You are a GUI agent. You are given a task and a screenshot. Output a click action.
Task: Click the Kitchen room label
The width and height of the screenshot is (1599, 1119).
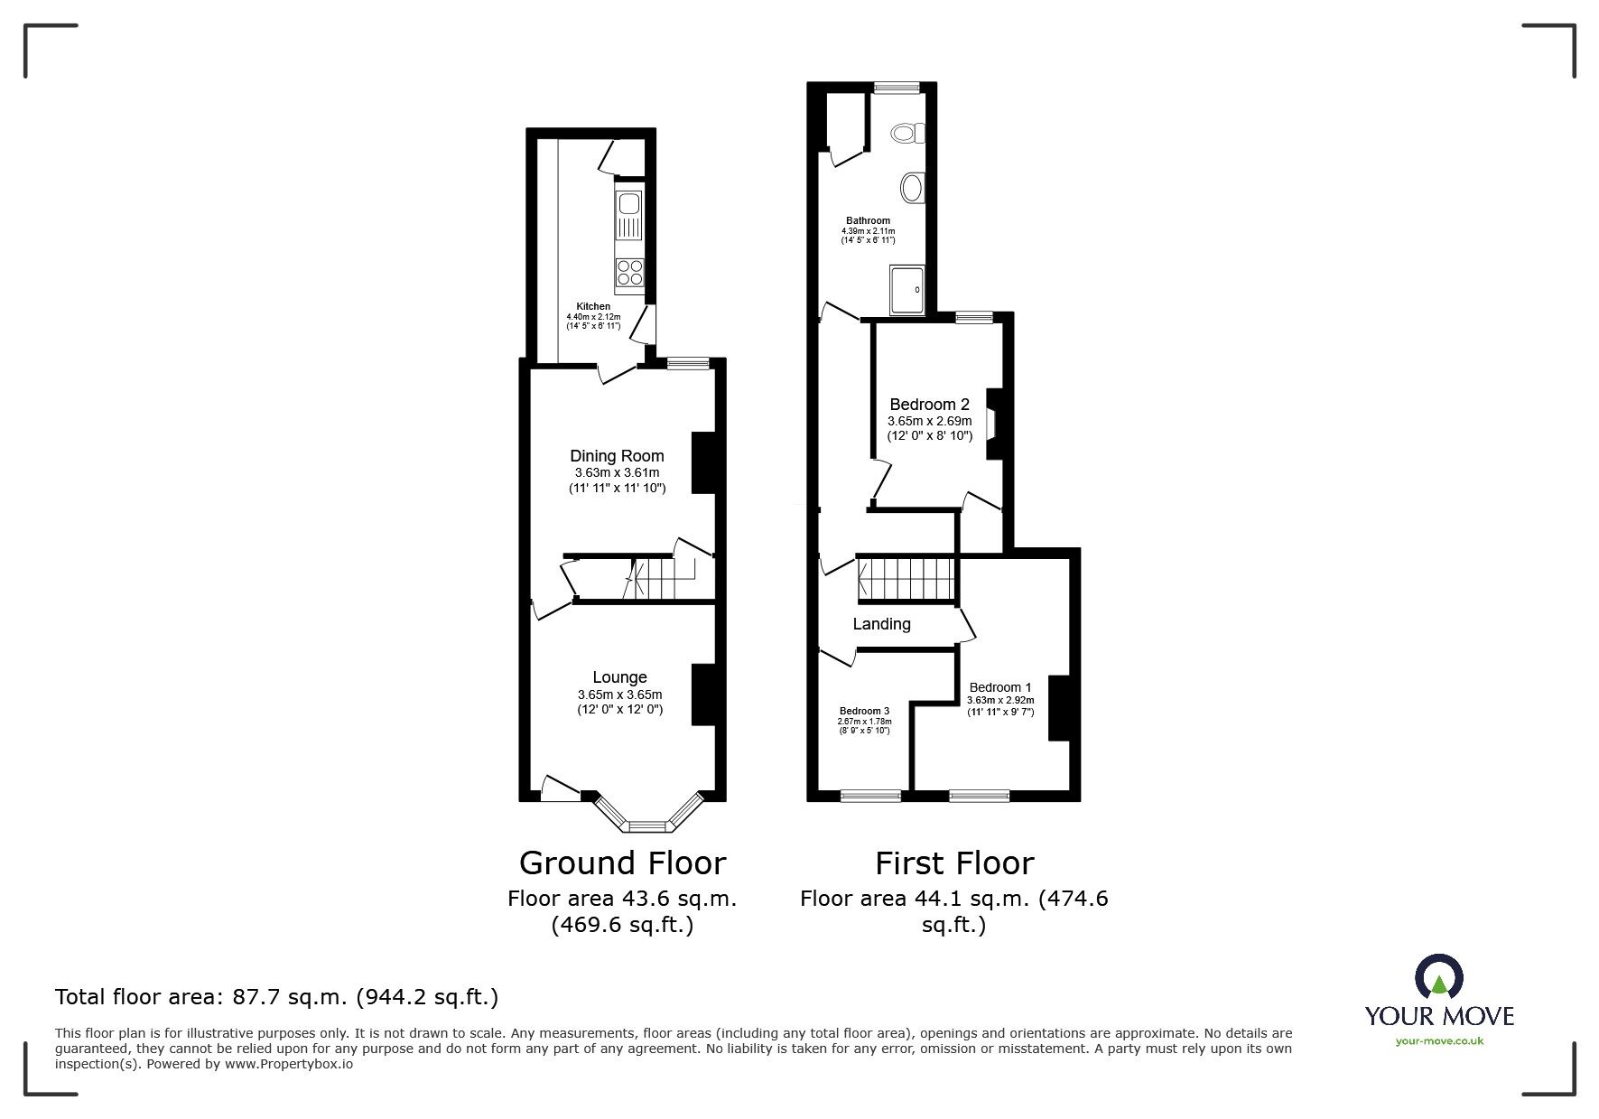(593, 307)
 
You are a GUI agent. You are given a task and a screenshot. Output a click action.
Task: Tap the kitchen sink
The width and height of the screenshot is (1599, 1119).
(628, 204)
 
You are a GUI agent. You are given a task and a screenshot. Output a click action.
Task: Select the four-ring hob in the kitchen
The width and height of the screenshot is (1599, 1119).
(629, 272)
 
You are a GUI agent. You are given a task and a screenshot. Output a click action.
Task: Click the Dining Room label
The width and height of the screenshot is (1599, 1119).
(617, 456)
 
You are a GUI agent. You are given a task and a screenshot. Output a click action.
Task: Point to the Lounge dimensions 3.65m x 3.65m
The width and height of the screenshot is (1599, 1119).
(619, 695)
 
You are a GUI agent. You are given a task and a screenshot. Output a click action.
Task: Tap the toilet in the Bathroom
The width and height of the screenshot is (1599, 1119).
(908, 134)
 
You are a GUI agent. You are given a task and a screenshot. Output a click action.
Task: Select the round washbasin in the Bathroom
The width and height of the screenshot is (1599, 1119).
(913, 188)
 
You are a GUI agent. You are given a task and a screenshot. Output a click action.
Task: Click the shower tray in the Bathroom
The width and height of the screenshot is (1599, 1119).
(906, 289)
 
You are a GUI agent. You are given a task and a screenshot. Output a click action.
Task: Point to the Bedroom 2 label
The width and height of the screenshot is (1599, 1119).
(929, 405)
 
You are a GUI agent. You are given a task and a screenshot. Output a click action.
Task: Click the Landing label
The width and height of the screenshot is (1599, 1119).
(881, 624)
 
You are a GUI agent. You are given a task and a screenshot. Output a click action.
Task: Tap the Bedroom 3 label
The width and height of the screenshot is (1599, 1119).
(864, 711)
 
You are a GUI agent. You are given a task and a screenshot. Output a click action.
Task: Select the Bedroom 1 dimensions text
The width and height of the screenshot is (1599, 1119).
(1000, 700)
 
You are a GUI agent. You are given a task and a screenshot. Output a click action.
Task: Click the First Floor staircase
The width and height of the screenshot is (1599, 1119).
(906, 579)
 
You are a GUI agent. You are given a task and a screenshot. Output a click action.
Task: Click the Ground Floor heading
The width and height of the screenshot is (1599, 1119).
(622, 863)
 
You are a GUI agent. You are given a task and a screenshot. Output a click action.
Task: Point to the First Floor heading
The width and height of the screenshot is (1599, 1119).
(953, 863)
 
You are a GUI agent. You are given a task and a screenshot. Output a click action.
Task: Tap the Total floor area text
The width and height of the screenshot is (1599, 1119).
(276, 997)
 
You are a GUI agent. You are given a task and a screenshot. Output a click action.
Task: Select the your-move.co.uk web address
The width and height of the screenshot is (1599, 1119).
(1439, 1041)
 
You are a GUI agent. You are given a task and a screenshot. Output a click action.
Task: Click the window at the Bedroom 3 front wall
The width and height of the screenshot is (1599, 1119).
(870, 796)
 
